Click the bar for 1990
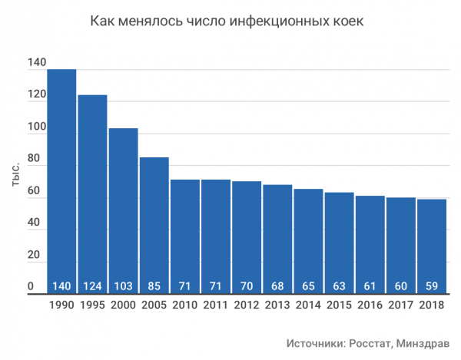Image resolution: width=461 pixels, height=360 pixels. tap(61, 181)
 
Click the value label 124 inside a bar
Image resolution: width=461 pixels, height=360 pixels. tap(92, 287)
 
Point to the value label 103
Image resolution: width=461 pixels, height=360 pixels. tap(123, 287)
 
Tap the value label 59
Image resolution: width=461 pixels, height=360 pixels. tap(431, 287)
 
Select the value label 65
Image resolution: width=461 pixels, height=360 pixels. tap(308, 287)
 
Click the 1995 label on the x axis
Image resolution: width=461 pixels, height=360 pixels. tap(92, 306)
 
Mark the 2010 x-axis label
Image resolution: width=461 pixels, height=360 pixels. tap(184, 306)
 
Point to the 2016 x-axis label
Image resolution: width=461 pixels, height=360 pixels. tap(370, 306)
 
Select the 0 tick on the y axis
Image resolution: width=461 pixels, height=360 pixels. tap(32, 286)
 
